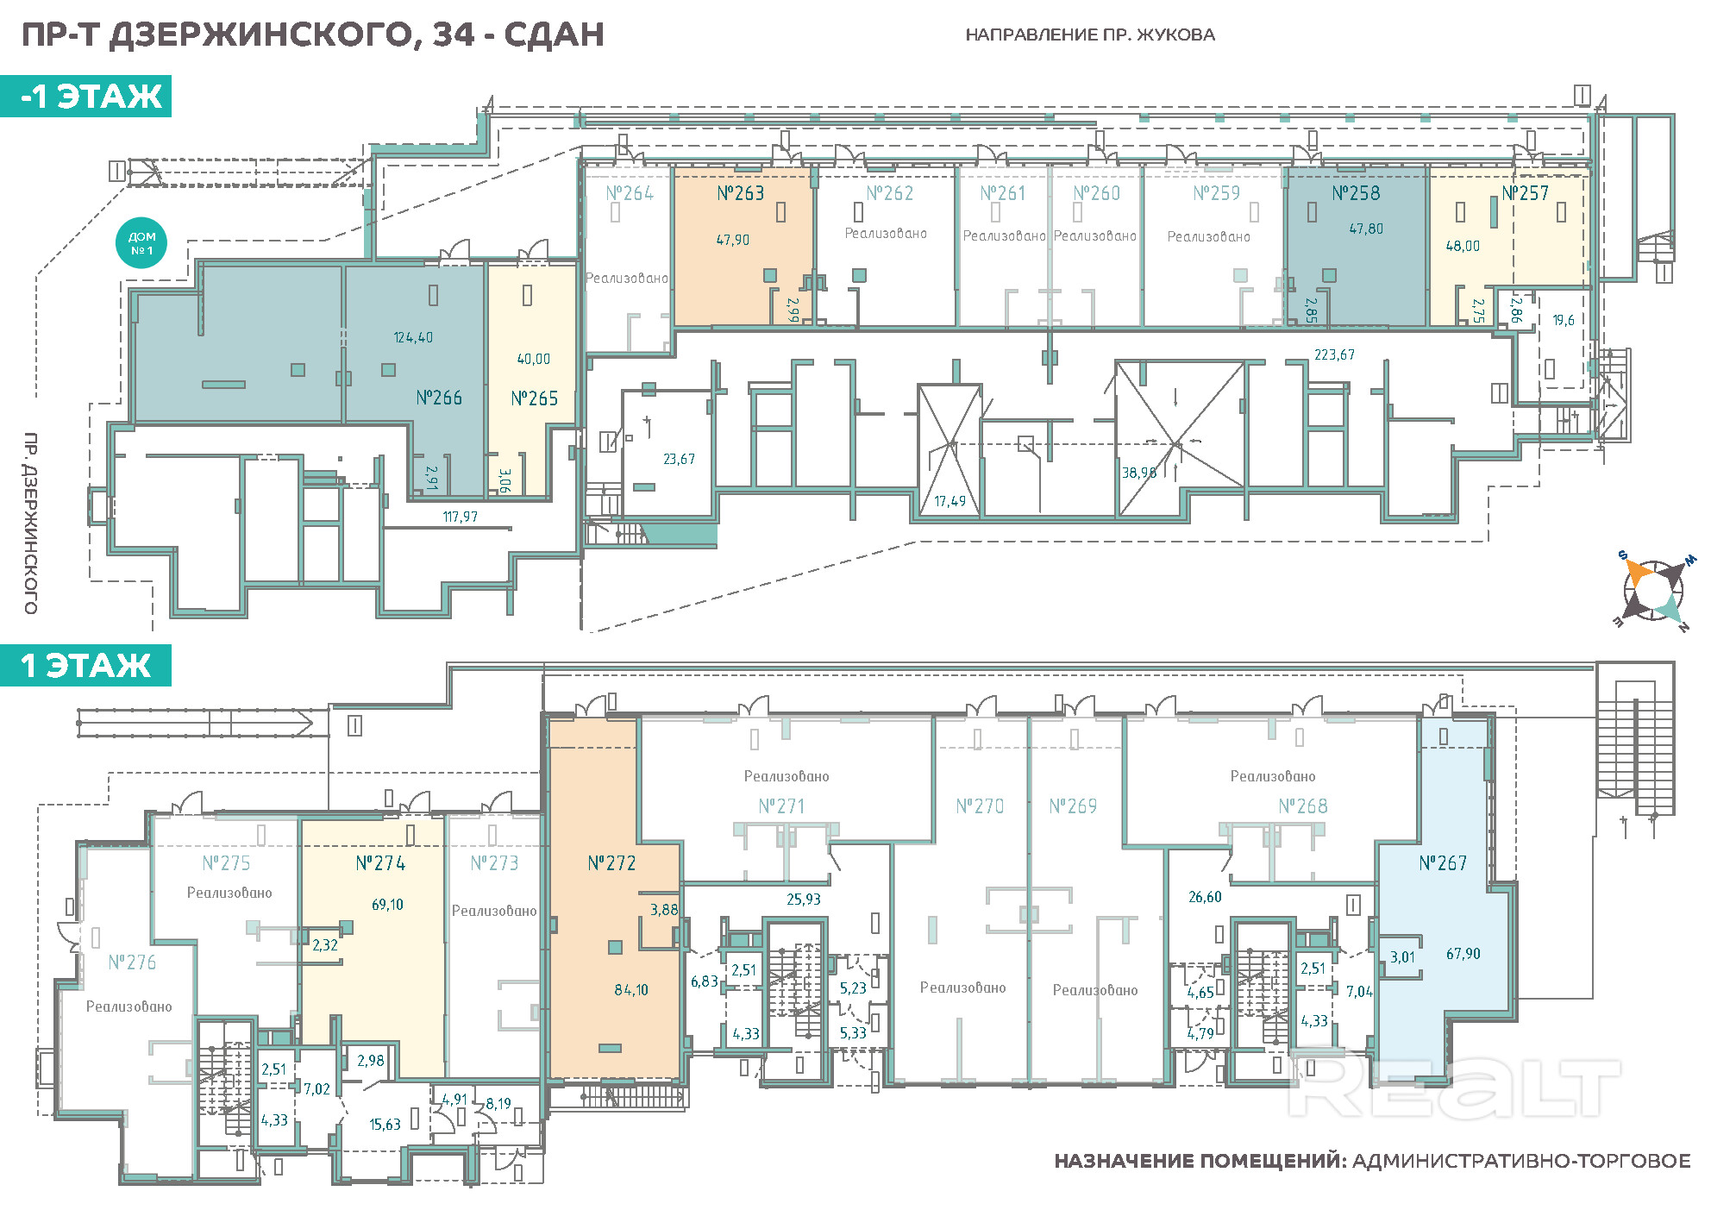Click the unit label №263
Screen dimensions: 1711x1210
740,193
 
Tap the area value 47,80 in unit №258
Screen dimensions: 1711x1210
1366,229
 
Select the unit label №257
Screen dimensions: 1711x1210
1525,193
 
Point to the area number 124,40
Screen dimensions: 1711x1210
413,337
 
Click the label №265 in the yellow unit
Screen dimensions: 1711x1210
534,398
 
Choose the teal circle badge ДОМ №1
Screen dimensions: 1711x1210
141,243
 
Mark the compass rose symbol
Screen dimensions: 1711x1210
1654,591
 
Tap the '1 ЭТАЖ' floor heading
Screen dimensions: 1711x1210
85,665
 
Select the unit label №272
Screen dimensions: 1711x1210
611,863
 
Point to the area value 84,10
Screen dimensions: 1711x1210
631,990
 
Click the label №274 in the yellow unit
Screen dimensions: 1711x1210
380,863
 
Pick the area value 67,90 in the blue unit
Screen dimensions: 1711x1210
1463,954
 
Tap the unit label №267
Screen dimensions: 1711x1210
1443,863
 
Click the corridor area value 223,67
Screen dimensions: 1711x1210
1334,354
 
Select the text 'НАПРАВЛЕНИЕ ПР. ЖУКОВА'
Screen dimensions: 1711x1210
1090,35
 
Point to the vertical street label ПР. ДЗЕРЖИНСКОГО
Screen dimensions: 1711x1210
31,523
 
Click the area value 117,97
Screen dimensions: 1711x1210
460,517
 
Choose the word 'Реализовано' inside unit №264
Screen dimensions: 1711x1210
627,278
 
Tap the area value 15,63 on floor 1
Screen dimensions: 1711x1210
385,1125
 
